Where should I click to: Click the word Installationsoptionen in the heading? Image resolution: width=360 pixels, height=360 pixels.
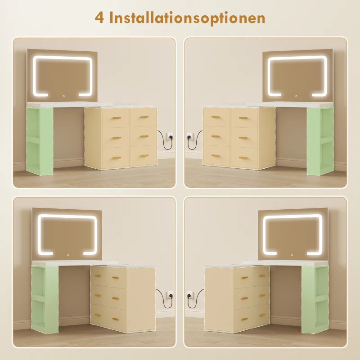[187, 18]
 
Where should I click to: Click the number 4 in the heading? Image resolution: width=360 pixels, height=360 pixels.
[99, 18]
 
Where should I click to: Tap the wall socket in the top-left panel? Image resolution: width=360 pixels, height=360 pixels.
[170, 136]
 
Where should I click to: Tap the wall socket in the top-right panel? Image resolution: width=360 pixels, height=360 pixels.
[190, 136]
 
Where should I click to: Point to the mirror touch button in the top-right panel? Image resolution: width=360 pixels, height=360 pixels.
[297, 96]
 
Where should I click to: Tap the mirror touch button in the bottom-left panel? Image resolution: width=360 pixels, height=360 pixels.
[68, 254]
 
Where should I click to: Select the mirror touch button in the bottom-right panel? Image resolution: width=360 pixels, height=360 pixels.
[291, 254]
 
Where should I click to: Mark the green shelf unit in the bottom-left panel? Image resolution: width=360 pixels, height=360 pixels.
[45, 299]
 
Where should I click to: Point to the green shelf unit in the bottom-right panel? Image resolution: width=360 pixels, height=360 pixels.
[315, 299]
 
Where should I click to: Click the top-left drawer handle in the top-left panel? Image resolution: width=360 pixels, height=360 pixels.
[117, 118]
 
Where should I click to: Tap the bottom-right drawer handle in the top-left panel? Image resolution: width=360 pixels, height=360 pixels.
[144, 156]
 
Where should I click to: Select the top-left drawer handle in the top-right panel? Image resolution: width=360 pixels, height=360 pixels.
[216, 117]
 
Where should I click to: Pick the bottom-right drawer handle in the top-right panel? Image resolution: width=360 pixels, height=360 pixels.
[243, 158]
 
